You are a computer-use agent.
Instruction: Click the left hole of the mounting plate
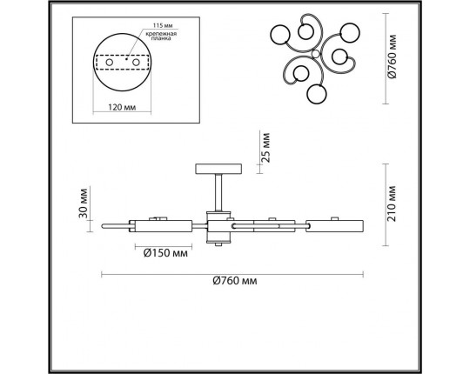[111, 63]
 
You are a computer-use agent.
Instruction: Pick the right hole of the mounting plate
[136, 63]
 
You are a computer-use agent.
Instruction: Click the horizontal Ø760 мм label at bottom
[238, 281]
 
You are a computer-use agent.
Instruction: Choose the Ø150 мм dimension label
[165, 253]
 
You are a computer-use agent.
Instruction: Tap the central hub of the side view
[219, 227]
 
